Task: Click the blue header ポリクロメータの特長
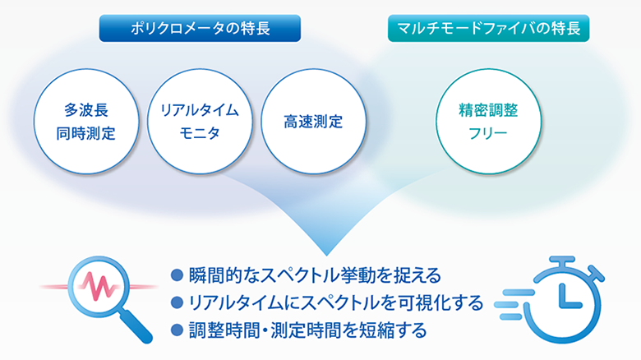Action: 200,28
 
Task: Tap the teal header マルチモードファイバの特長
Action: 488,28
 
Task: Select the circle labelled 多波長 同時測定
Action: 86,122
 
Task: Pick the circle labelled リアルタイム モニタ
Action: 200,122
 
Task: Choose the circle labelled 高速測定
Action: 313,122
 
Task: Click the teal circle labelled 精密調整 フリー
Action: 488,122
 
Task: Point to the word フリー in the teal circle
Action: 488,133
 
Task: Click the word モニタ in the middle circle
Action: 200,133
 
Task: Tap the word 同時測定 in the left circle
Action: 85,133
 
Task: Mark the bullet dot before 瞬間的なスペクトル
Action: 177,275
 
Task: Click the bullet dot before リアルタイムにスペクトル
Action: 177,302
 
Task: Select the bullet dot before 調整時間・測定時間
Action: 177,330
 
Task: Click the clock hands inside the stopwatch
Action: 568,295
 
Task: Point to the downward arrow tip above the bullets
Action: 326,255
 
